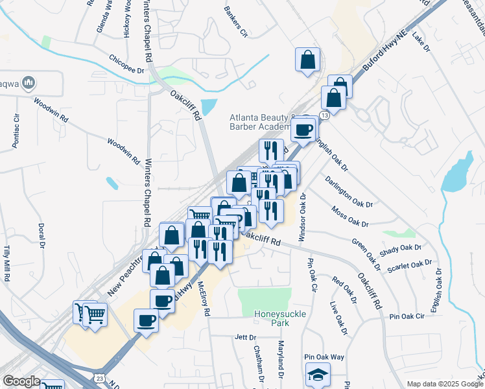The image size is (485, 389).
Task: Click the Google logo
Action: (21, 381)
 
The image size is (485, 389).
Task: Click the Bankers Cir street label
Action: (236, 21)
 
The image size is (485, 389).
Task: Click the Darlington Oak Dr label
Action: (349, 191)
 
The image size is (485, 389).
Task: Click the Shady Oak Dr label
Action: (401, 248)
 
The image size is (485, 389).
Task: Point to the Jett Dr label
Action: (246, 337)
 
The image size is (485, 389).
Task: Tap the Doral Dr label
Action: (41, 236)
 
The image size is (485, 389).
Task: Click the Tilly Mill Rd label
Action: (8, 258)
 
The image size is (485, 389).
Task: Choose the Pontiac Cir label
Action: (16, 128)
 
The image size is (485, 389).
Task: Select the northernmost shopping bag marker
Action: (307, 60)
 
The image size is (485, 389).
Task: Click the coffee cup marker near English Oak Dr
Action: (303, 130)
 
